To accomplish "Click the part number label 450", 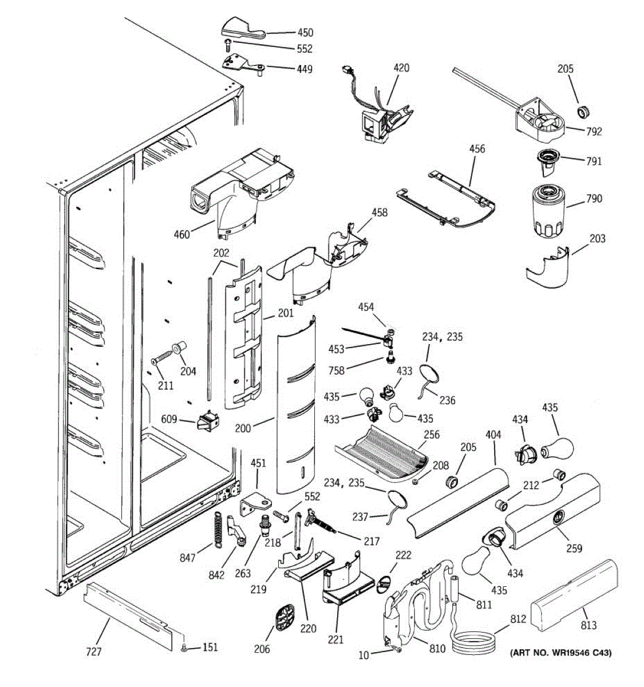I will coord(305,33).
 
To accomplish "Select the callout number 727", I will coord(93,652).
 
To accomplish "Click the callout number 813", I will coord(588,626).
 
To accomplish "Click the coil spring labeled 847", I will coord(218,528).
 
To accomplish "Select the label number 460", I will coord(181,234).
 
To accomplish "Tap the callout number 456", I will coord(477,149).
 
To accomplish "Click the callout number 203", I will coord(597,239).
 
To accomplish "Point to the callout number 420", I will coord(401,68).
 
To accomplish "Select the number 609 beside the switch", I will coord(169,419).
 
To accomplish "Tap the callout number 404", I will coord(493,436).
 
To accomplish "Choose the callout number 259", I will coord(574,548).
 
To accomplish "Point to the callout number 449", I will coord(305,69).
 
